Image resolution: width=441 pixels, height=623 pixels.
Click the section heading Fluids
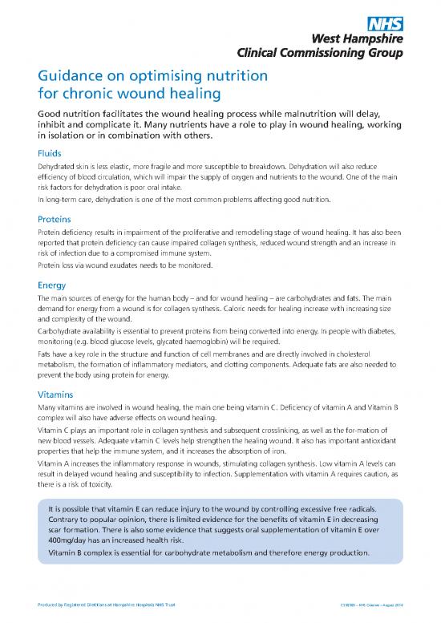pyautogui.click(x=50, y=152)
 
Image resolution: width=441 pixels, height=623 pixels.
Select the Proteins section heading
pyautogui.click(x=56, y=217)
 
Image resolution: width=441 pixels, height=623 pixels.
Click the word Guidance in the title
pyautogui.click(x=71, y=77)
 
